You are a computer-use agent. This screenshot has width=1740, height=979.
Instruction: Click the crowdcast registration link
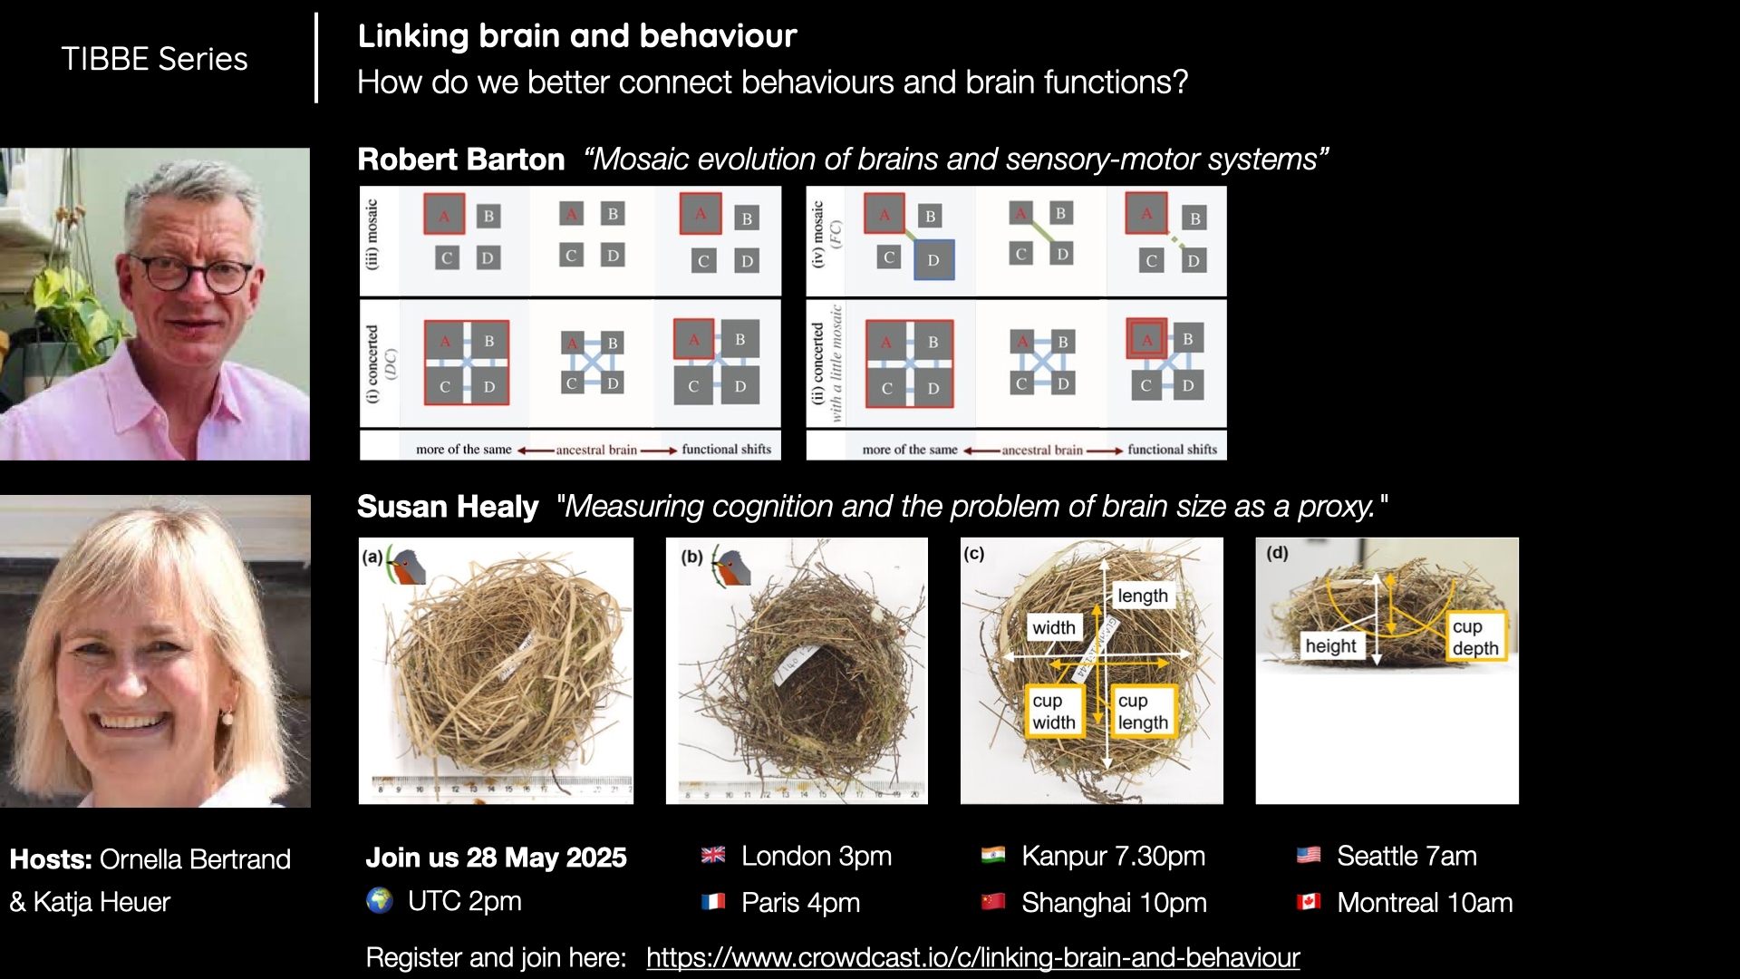click(x=972, y=957)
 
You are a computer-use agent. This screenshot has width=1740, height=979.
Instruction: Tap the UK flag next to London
click(x=713, y=855)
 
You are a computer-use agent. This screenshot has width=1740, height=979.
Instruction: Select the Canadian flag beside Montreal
click(x=1308, y=902)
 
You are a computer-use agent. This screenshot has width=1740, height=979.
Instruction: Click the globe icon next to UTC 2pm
click(x=380, y=900)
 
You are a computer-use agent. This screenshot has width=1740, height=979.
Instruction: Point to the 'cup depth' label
click(x=1474, y=636)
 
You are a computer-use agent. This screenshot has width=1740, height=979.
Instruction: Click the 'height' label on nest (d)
click(x=1330, y=645)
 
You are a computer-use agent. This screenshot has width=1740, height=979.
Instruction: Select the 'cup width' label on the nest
click(x=1053, y=712)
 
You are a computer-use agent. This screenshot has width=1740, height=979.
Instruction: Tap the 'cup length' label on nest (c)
click(x=1142, y=712)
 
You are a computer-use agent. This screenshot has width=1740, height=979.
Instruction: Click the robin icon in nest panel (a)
click(x=406, y=567)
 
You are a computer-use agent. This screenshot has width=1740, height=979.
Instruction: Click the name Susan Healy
click(x=448, y=506)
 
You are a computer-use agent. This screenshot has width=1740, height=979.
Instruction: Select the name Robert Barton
click(x=460, y=160)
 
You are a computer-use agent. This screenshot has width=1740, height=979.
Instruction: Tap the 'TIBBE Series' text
click(x=154, y=59)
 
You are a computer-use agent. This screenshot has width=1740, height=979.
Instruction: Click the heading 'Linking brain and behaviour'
click(x=577, y=36)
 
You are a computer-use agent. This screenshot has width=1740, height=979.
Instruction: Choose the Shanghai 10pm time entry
click(x=1114, y=903)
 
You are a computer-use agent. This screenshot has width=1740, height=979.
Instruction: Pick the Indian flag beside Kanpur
click(x=993, y=855)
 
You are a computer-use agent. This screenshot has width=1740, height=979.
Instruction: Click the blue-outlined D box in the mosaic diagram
click(x=933, y=260)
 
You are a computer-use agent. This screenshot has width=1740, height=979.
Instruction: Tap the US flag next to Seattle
click(x=1308, y=855)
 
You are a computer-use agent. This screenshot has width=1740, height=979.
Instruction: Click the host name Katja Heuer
click(x=101, y=902)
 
